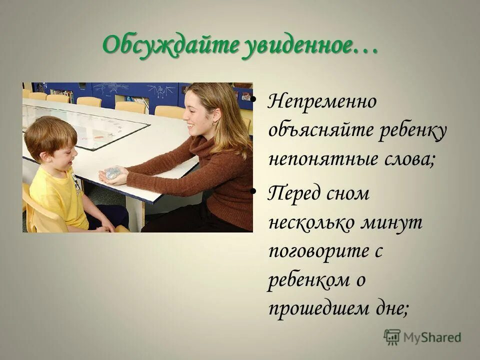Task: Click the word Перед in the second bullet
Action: click(x=292, y=194)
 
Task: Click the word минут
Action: click(x=395, y=222)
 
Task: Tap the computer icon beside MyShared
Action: click(x=392, y=336)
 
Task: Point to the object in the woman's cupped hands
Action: click(x=112, y=172)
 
